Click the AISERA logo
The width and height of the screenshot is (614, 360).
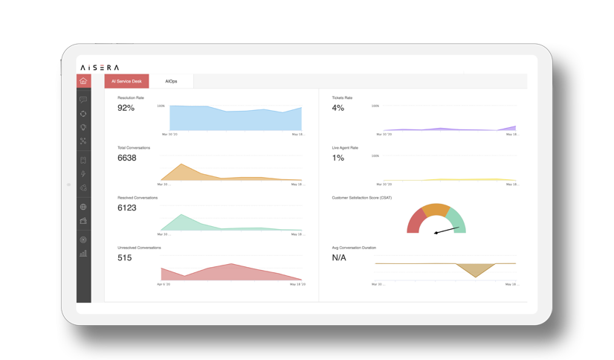click(100, 68)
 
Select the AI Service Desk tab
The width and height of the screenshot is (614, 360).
click(126, 81)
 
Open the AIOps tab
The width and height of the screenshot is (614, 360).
click(171, 81)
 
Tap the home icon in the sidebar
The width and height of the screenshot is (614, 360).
click(83, 81)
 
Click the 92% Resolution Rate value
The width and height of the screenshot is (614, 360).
click(126, 108)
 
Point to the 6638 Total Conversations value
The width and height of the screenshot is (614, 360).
click(127, 158)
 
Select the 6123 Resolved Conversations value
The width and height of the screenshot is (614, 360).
click(127, 208)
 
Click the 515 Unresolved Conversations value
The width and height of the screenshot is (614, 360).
click(124, 257)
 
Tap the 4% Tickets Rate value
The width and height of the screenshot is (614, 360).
click(337, 108)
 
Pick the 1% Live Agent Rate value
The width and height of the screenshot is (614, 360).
click(337, 158)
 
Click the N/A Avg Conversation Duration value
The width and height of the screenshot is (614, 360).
click(339, 257)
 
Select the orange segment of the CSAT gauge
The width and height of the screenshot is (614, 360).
click(436, 210)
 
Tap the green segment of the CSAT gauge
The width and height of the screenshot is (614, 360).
click(458, 220)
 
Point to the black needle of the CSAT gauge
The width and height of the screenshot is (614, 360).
click(447, 231)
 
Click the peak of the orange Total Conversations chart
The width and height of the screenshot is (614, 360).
click(182, 164)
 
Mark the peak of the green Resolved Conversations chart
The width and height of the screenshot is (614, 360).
click(181, 215)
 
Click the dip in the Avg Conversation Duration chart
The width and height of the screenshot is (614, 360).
click(476, 276)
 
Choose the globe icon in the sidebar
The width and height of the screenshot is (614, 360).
click(83, 207)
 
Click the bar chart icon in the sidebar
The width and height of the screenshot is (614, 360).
click(83, 254)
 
